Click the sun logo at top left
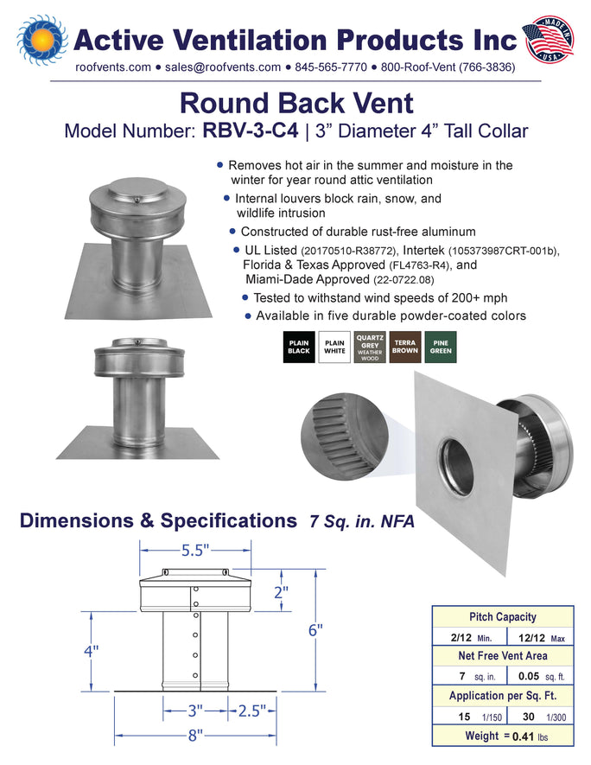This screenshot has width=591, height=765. pyautogui.click(x=42, y=40)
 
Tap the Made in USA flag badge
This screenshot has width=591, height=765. pyautogui.click(x=548, y=39)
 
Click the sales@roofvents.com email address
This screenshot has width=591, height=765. pyautogui.click(x=223, y=67)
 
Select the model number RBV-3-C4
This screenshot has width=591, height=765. pyautogui.click(x=251, y=131)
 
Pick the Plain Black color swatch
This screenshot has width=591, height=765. pyautogui.click(x=299, y=347)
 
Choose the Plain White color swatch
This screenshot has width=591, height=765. pyautogui.click(x=334, y=347)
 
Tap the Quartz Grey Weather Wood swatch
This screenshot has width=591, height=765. pyautogui.click(x=370, y=347)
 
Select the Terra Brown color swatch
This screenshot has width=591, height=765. pyautogui.click(x=405, y=347)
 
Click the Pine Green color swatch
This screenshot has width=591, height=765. pyautogui.click(x=441, y=347)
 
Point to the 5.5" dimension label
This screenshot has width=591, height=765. pyautogui.click(x=195, y=551)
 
